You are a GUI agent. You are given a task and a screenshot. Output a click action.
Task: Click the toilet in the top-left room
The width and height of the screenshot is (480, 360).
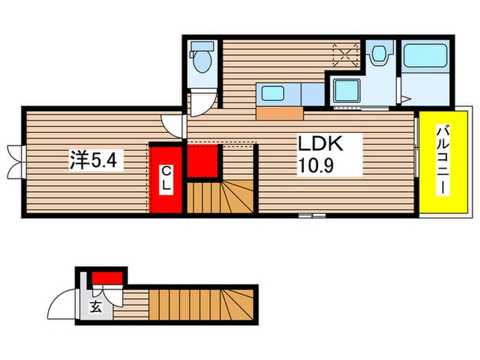point(202,58)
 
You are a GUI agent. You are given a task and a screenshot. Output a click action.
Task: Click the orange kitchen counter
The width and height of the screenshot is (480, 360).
point(280,112)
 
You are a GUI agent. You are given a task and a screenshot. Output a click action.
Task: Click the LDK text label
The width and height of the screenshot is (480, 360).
point(319,145)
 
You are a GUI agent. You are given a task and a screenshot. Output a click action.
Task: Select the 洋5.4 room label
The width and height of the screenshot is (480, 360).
point(90,161)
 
